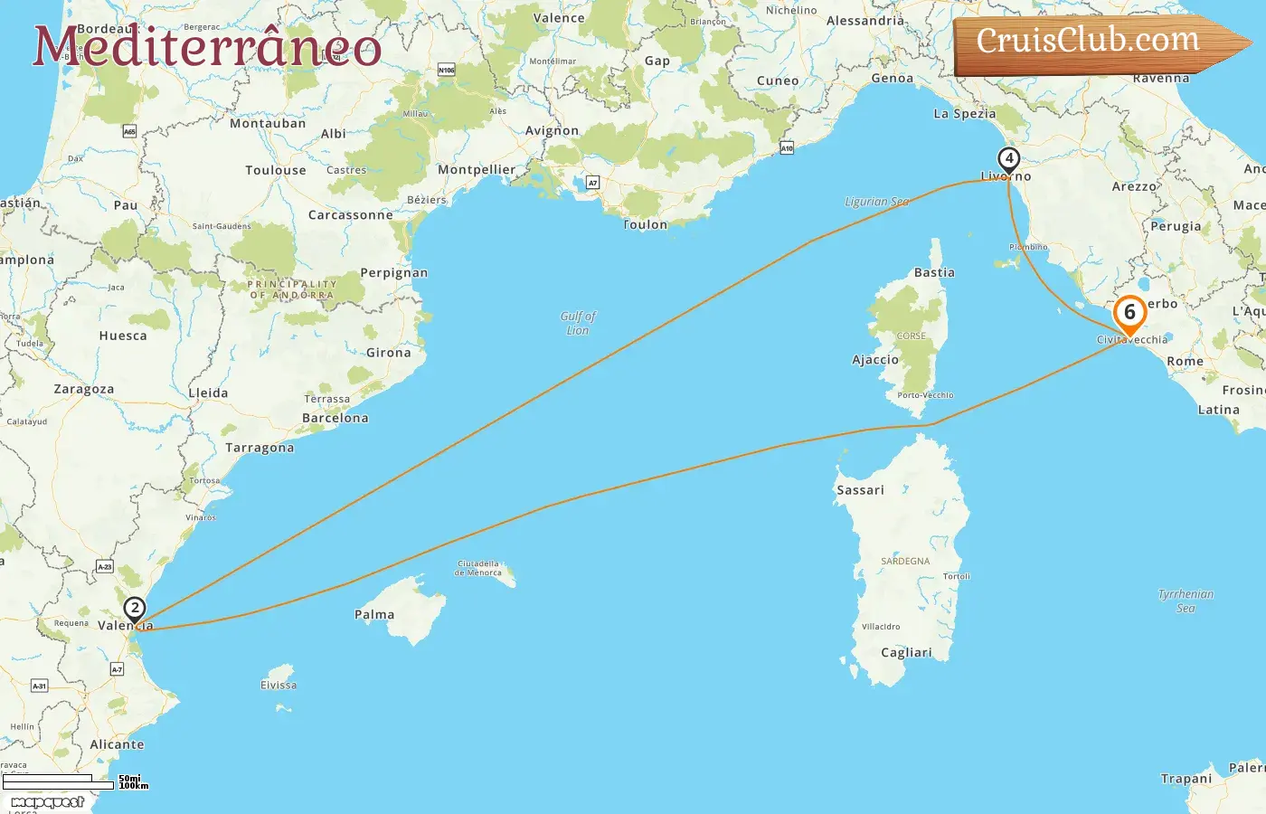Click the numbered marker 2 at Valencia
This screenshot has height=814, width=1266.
click(x=135, y=609)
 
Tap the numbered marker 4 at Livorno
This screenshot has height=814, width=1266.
click(x=1008, y=159)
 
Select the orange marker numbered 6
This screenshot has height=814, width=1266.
click(x=1129, y=314)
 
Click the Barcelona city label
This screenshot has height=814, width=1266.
click(x=335, y=418)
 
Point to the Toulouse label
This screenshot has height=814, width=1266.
click(x=276, y=170)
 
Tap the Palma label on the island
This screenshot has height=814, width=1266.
click(x=374, y=615)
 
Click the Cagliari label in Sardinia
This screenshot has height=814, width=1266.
click(x=906, y=653)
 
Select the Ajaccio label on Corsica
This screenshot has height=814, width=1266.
click(x=875, y=360)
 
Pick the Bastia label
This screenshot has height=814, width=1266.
click(x=934, y=272)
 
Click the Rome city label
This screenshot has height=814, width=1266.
click(x=1185, y=361)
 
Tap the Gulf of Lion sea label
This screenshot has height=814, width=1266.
click(x=578, y=323)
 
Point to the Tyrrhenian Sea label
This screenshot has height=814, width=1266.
click(x=1186, y=601)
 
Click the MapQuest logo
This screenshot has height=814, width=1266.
click(x=47, y=802)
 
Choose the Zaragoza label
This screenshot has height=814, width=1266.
click(x=84, y=390)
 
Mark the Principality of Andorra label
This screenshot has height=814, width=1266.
click(x=292, y=289)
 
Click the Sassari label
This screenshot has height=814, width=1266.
click(x=860, y=490)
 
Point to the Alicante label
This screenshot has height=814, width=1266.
click(x=117, y=744)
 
